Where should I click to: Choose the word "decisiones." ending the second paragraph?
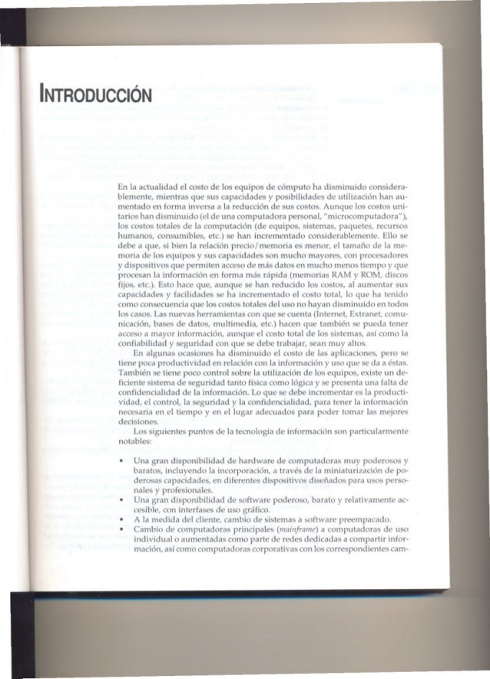138,430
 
